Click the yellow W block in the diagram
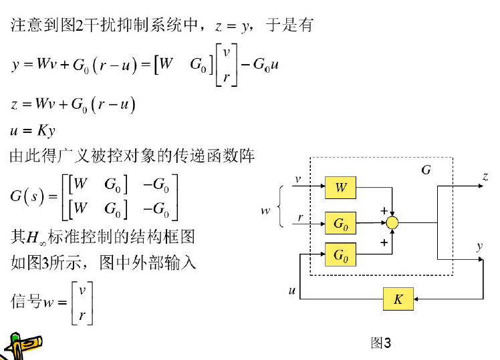point(341,188)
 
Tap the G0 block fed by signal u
point(341,254)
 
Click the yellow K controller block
point(398,299)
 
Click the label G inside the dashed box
point(426,170)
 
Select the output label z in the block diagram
point(485,176)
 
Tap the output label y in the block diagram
point(479,245)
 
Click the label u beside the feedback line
point(292,291)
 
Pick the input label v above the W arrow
point(299,178)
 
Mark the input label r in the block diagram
point(300,217)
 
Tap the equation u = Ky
point(33,130)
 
